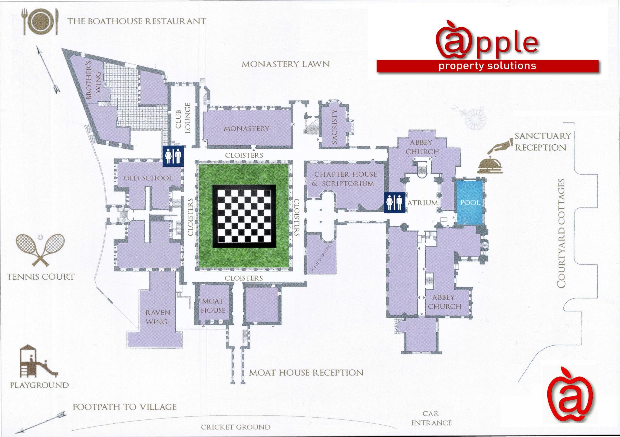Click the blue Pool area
pyautogui.click(x=470, y=202)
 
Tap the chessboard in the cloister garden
pyautogui.click(x=244, y=216)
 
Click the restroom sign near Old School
pyautogui.click(x=173, y=156)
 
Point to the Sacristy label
pyautogui.click(x=334, y=126)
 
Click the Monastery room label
pyautogui.click(x=246, y=129)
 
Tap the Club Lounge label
pyautogui.click(x=183, y=118)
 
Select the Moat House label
pyautogui.click(x=213, y=306)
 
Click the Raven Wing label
pyautogui.click(x=157, y=317)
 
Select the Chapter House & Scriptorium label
pyautogui.click(x=345, y=179)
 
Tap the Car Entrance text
pyautogui.click(x=431, y=418)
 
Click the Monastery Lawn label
pyautogui.click(x=285, y=64)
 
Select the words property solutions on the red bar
pyautogui.click(x=487, y=66)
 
